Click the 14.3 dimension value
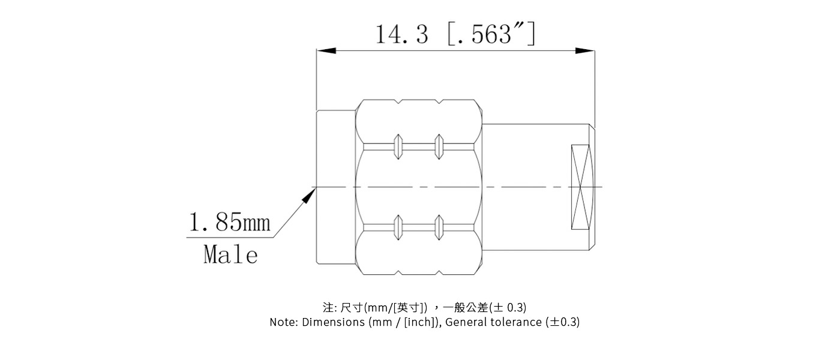tap(401, 34)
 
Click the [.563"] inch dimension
tap(491, 34)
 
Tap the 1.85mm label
tap(230, 223)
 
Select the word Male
tap(230, 255)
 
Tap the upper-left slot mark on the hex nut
tap(397, 146)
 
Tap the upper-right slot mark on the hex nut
tap(439, 146)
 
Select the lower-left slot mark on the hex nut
tap(397, 227)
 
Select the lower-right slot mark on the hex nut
tap(439, 227)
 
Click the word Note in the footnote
tap(281, 322)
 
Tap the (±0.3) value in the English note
tap(562, 322)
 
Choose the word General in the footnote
tap(467, 322)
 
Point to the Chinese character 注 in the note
tap(328, 308)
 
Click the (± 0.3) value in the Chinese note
tap(508, 308)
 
